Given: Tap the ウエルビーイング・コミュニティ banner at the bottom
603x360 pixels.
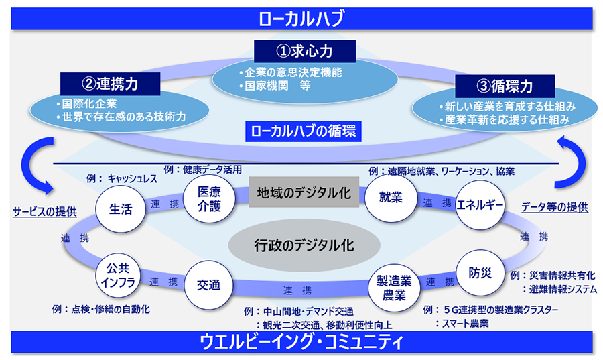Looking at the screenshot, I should point(301,343).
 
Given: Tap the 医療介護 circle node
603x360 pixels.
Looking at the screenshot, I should point(209,198).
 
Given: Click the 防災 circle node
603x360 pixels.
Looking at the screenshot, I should point(480,273).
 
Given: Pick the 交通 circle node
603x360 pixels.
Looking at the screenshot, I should point(208,284).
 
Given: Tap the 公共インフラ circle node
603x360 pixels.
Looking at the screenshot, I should point(121,275).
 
